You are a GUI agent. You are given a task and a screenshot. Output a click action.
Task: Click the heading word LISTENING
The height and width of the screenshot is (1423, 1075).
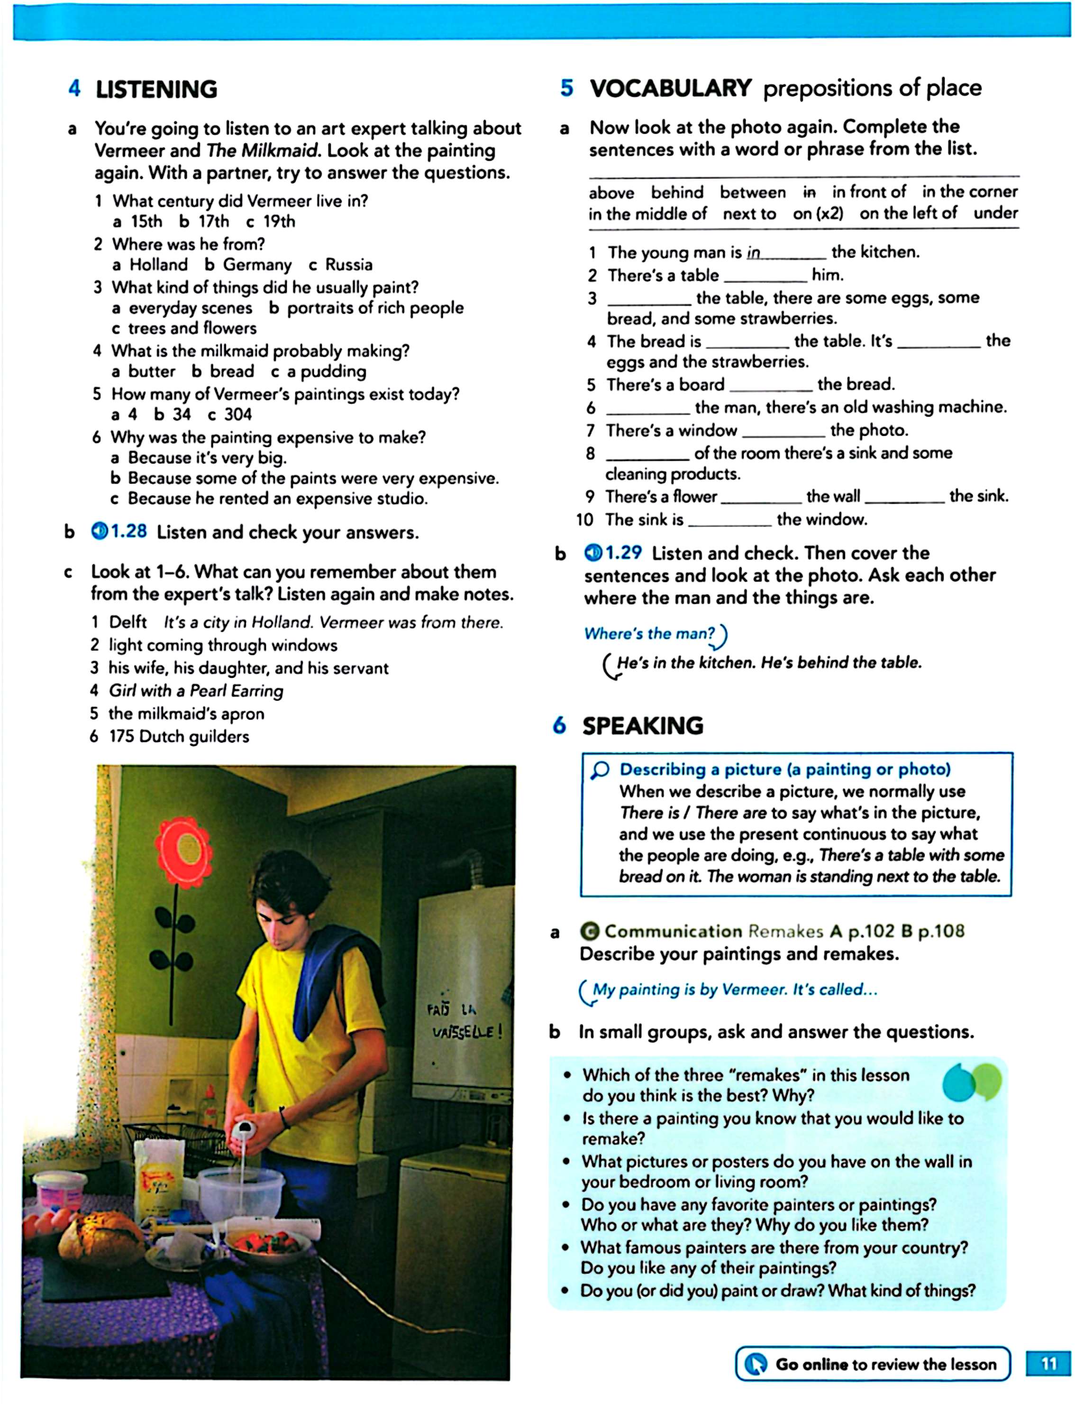156,90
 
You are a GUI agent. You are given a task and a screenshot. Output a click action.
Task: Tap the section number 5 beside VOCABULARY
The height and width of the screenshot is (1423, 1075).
566,88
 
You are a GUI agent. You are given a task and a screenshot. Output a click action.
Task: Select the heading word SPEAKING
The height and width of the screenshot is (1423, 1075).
642,726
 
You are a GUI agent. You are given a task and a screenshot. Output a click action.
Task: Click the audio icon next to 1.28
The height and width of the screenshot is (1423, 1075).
99,531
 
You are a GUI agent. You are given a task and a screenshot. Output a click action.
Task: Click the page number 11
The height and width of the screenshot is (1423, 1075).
1048,1364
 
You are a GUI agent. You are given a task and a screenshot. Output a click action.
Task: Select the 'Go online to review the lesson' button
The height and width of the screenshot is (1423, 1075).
873,1364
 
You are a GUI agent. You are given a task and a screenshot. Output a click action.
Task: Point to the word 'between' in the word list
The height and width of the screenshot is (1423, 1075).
752,193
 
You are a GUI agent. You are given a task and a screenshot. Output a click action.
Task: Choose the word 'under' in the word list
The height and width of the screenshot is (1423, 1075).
995,213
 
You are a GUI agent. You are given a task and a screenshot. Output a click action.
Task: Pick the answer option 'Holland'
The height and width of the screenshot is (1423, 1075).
158,264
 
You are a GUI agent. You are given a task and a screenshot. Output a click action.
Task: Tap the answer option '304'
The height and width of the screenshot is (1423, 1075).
237,414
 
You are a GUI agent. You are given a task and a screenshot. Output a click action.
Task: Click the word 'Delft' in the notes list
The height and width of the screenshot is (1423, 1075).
128,622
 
